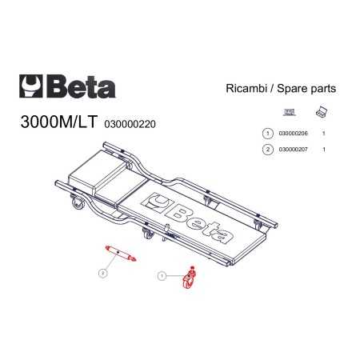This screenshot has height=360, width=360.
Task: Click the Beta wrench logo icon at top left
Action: click(31, 86)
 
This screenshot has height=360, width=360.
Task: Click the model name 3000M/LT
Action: click(58, 122)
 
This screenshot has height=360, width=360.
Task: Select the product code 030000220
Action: click(130, 124)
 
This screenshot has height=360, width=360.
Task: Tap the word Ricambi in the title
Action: click(246, 88)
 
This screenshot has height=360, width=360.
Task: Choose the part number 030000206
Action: click(293, 133)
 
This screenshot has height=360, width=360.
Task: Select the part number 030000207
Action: click(293, 150)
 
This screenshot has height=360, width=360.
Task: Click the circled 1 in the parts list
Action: click(268, 133)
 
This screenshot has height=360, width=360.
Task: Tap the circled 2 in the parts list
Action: click(268, 150)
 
